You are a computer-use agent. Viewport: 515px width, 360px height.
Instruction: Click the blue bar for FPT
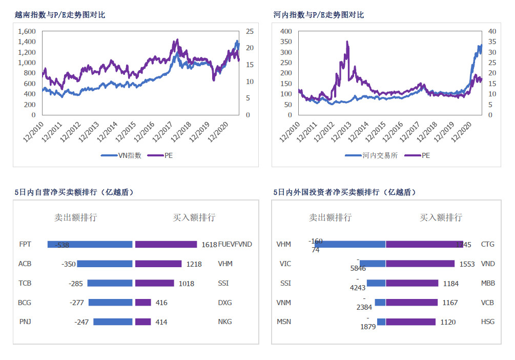(x=90, y=244)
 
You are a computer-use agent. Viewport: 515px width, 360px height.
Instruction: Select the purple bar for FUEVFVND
(x=166, y=244)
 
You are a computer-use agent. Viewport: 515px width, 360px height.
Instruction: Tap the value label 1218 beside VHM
(x=194, y=264)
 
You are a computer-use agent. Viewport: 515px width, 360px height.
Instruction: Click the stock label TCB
(x=25, y=283)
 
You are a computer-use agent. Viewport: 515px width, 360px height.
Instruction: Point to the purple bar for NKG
(x=143, y=322)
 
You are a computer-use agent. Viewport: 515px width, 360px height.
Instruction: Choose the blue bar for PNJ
(x=113, y=322)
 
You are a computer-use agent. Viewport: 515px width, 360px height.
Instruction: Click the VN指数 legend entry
(x=122, y=155)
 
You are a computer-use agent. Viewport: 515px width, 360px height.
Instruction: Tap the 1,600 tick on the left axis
(x=27, y=31)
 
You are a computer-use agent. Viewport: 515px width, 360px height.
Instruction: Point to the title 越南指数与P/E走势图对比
(x=60, y=15)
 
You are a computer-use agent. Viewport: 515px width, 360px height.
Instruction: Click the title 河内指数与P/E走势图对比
(x=319, y=15)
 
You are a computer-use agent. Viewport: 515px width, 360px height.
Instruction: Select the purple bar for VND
(x=420, y=264)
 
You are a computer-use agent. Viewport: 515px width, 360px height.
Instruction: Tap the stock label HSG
(x=488, y=322)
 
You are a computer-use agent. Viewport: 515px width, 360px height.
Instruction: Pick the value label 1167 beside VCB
(x=450, y=303)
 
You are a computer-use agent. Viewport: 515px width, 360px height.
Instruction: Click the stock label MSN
(x=284, y=322)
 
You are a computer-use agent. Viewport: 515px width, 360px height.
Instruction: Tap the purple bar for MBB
(x=412, y=283)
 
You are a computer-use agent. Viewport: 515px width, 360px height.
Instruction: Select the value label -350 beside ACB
(x=68, y=264)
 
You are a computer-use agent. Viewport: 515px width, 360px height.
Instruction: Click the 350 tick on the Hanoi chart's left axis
(x=285, y=52)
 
